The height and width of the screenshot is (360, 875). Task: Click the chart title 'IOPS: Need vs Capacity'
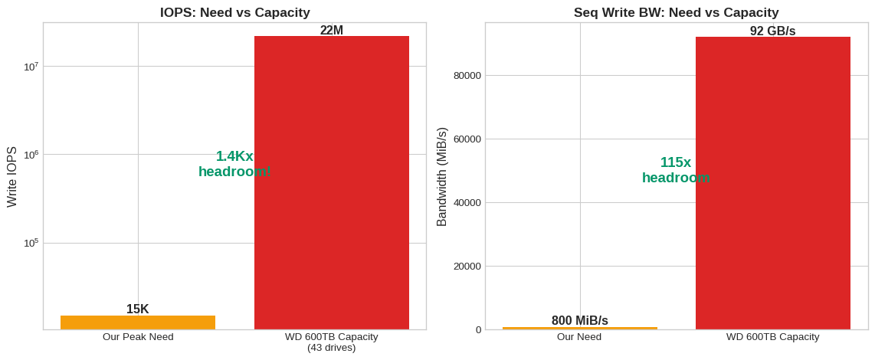[x=234, y=12]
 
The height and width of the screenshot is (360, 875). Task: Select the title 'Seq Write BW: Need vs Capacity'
[x=676, y=12]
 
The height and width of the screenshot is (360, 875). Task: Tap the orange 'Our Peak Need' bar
[x=138, y=322]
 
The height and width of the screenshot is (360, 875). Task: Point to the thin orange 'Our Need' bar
[x=579, y=328]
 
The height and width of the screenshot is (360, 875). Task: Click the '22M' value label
[x=331, y=31]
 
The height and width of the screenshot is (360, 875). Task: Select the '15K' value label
[x=138, y=309]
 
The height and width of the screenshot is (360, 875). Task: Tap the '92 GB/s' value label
[x=772, y=31]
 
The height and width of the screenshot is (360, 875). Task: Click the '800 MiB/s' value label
[x=579, y=321]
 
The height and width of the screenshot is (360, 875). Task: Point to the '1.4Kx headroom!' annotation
[x=234, y=164]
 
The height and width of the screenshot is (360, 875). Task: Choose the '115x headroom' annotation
[x=676, y=170]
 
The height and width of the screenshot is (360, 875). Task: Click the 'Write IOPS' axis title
[x=12, y=176]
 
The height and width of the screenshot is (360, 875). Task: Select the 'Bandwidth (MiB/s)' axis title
[x=442, y=176]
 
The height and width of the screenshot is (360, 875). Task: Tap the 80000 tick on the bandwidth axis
[x=467, y=76]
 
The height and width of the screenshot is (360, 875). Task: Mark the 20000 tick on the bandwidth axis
[x=467, y=267]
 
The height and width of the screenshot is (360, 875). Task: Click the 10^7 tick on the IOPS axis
[x=31, y=67]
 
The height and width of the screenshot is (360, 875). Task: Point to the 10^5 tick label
[x=31, y=243]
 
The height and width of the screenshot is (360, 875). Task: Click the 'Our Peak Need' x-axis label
[x=138, y=337]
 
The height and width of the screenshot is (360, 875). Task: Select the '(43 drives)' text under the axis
[x=331, y=348]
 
